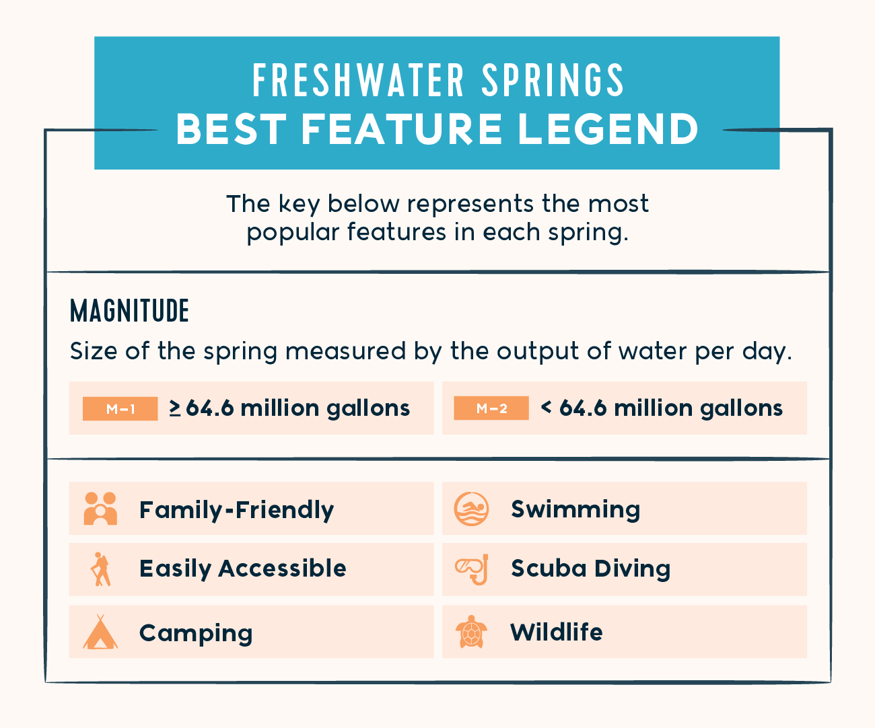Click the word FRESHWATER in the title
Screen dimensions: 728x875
tap(359, 81)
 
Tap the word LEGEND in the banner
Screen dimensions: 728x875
tap(608, 129)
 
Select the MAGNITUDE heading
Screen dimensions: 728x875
tap(129, 311)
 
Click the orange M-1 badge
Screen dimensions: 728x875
tap(120, 408)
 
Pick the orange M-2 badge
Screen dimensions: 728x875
tap(491, 408)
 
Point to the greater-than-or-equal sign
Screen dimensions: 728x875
tap(175, 408)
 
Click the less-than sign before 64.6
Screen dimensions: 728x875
tap(547, 407)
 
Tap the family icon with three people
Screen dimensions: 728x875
tap(100, 509)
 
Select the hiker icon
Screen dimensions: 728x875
tap(100, 569)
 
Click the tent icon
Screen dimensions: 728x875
tap(100, 632)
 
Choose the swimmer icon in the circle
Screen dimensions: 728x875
tap(471, 509)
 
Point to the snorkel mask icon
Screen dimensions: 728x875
tap(471, 569)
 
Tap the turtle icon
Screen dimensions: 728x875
tap(471, 632)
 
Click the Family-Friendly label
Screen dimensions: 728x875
tap(236, 510)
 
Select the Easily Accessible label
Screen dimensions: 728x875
tap(242, 569)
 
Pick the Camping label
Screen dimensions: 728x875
tap(196, 633)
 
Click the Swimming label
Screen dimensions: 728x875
tap(575, 509)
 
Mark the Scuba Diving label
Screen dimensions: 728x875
tap(590, 569)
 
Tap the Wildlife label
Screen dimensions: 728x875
tap(557, 632)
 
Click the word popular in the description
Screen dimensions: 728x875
tap(293, 233)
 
